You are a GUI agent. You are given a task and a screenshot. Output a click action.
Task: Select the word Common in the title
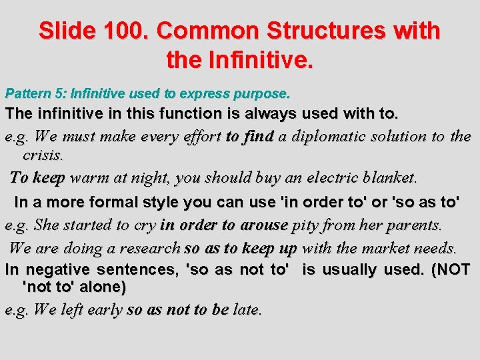pyautogui.click(x=207, y=31)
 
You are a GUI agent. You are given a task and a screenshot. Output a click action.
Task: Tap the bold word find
pyautogui.click(x=259, y=137)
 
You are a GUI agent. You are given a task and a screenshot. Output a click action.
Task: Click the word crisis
pyautogui.click(x=43, y=156)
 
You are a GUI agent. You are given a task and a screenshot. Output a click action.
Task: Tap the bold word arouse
pyautogui.click(x=262, y=225)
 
